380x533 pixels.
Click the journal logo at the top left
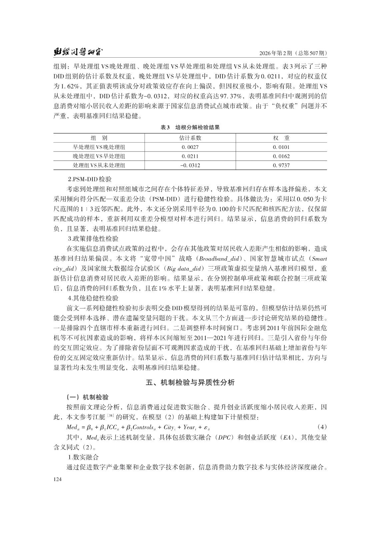79,52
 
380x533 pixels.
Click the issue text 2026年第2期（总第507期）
293,53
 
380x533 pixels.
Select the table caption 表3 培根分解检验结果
190,127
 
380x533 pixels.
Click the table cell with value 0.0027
190,147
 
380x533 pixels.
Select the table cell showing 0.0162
281,156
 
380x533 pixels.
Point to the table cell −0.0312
190,165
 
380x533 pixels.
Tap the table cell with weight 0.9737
281,165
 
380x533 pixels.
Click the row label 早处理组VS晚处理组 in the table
99,147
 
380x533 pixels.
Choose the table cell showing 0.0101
281,147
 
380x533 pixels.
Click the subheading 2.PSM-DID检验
89,180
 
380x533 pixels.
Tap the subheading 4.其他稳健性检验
93,298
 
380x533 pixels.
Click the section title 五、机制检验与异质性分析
190,382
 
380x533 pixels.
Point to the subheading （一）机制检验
87,397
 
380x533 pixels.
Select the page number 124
58,479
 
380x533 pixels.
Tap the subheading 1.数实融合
83,457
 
